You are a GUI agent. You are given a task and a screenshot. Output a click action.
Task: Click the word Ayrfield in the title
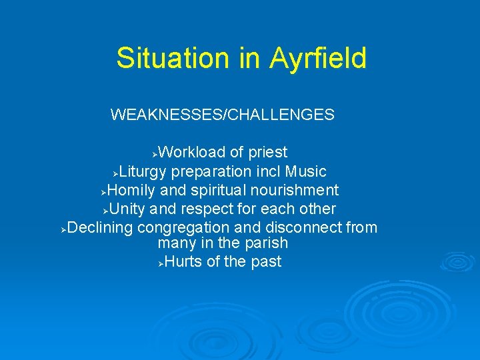[x=318, y=58]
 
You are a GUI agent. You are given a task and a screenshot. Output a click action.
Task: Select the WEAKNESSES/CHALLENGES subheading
[x=222, y=115]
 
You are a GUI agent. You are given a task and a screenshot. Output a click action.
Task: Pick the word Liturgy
[x=145, y=172]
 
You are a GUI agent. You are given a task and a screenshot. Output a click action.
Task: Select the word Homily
[x=131, y=191]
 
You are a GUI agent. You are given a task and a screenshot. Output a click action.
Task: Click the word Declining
[x=101, y=228]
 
